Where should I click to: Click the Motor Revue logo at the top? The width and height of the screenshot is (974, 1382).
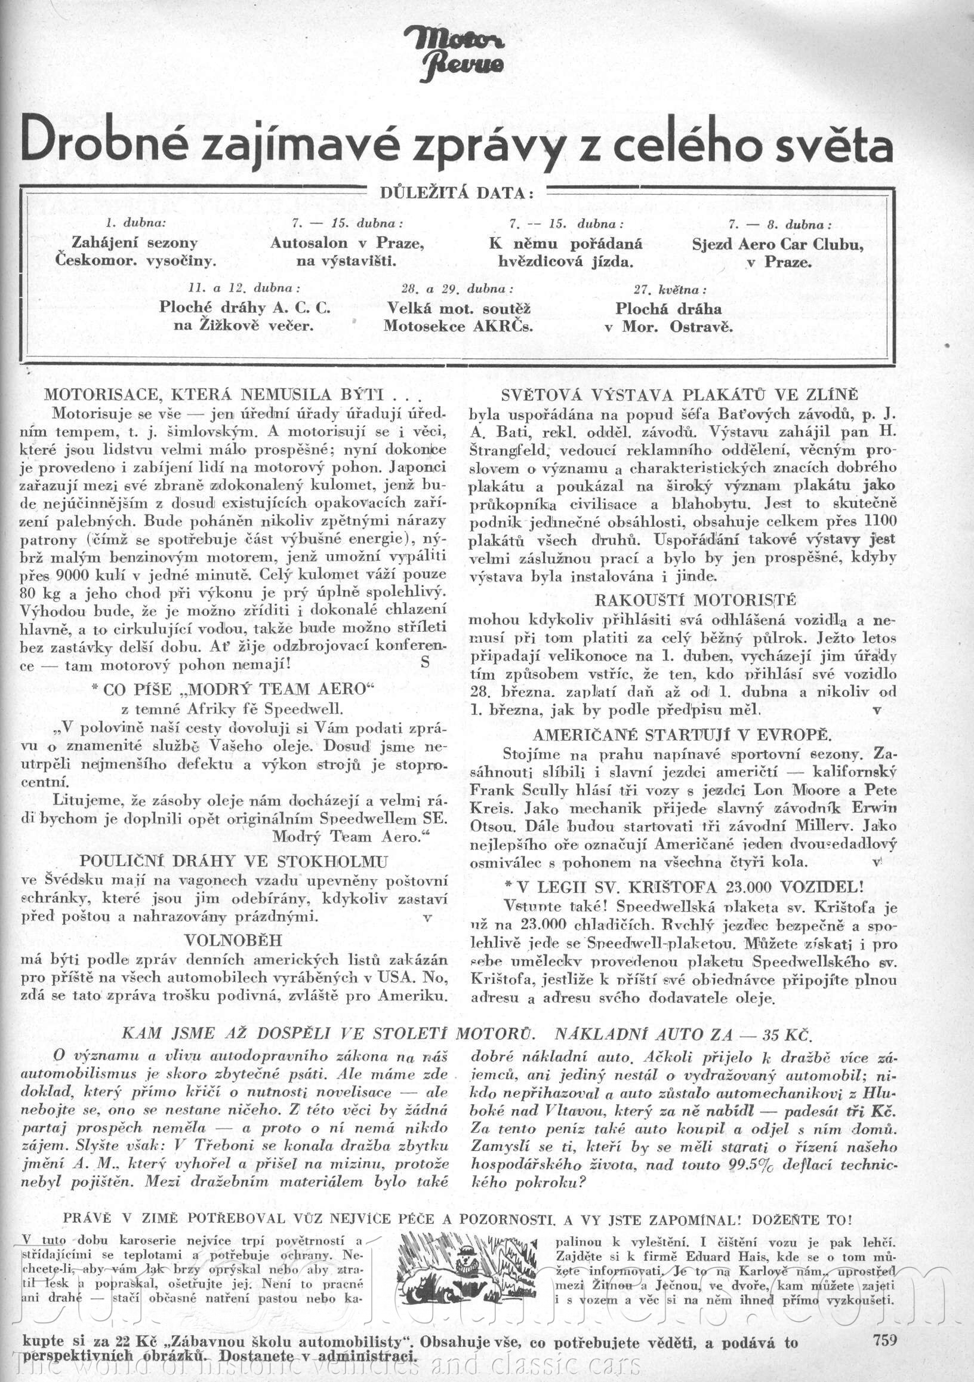[454, 54]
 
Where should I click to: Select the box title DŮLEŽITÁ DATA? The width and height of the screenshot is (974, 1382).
[457, 194]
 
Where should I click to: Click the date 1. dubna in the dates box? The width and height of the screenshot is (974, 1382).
[135, 223]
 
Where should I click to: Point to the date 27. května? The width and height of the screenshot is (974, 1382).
[670, 290]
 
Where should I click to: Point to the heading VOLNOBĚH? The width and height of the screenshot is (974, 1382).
[233, 940]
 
